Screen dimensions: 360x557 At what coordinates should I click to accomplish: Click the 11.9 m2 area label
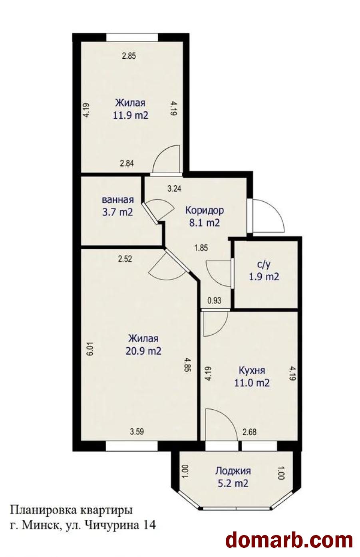(131, 116)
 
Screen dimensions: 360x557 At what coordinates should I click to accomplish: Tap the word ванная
(118, 200)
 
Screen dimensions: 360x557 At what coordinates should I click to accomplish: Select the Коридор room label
(205, 211)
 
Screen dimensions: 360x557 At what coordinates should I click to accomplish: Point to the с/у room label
(264, 265)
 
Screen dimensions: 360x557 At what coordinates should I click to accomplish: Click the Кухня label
(252, 371)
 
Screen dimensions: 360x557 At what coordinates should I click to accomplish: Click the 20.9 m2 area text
(143, 351)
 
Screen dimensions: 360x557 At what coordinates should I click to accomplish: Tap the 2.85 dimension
(129, 56)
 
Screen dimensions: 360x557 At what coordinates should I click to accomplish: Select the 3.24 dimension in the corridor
(174, 189)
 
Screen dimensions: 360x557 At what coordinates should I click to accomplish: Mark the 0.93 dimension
(214, 301)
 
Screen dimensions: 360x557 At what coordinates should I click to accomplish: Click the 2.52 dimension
(125, 259)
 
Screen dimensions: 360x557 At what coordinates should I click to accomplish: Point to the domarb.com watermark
(289, 538)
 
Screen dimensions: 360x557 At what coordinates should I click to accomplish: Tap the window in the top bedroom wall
(132, 38)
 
